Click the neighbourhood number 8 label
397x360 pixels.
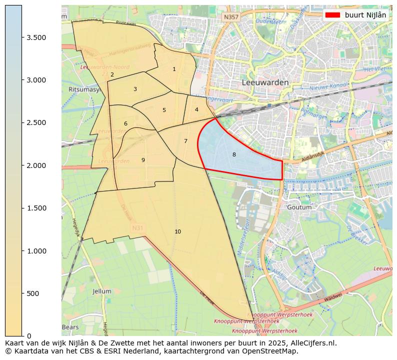point(234,155)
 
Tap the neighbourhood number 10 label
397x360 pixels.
point(177,231)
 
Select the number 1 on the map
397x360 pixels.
point(174,69)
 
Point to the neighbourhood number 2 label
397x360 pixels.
point(112,75)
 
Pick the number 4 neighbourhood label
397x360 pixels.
point(196,109)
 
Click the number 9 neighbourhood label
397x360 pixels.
point(143,160)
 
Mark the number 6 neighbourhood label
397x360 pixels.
point(125,123)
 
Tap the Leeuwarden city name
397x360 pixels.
point(265,82)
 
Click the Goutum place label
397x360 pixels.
point(299,207)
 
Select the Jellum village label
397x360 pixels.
point(102,291)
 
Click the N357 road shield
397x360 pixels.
point(231,17)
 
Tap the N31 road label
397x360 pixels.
point(137,228)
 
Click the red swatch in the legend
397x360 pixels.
point(332,15)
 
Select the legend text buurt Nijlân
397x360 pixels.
point(365,15)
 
